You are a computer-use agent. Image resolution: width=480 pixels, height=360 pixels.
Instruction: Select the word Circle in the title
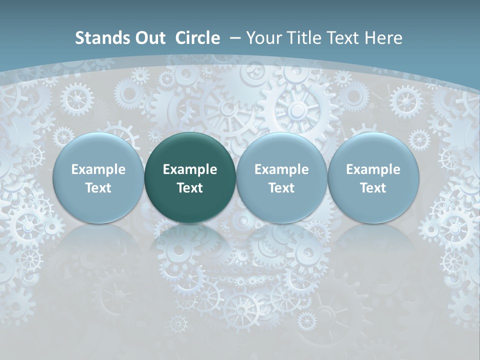(197, 38)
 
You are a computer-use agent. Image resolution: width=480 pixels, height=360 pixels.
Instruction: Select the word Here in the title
(385, 38)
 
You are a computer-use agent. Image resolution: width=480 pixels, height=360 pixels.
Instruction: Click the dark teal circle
(190, 177)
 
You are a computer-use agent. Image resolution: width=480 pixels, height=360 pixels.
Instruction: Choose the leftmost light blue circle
(98, 177)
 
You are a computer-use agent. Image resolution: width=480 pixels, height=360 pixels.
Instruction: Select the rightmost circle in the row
(373, 177)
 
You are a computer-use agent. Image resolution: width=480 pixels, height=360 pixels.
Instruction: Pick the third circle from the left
(281, 177)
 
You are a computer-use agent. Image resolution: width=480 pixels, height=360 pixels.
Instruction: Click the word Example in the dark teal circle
(190, 169)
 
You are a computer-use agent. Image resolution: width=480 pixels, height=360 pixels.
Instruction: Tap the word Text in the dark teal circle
(190, 188)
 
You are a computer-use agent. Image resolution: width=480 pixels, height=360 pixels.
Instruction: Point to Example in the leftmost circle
(98, 169)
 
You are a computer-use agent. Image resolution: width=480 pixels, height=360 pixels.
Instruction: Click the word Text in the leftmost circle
(98, 188)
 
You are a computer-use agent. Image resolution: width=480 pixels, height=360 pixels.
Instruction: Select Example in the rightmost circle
(373, 169)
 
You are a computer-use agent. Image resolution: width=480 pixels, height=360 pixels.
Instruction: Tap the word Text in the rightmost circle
(373, 188)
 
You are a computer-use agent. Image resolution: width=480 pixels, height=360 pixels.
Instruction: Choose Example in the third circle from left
(281, 169)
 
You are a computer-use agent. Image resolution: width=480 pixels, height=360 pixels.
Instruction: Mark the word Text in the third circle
(281, 188)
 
